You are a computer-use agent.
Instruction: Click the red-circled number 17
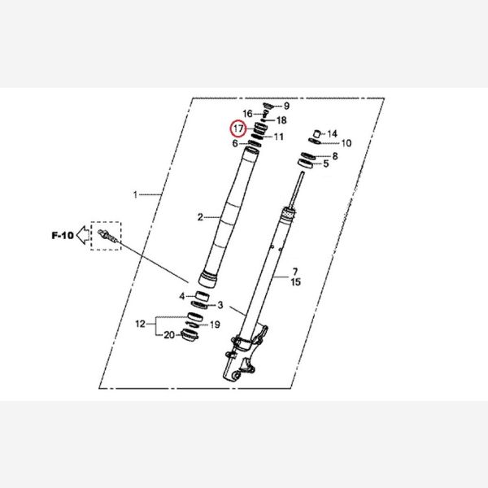238,129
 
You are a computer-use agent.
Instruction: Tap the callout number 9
286,106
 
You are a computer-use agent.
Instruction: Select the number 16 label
248,114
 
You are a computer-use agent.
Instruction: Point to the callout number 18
281,120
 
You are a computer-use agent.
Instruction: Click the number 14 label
333,134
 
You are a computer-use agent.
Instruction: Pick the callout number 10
346,143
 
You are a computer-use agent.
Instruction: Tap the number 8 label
335,156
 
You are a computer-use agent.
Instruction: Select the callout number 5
326,163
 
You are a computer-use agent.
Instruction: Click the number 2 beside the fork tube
200,217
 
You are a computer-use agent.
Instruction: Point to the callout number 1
135,195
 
